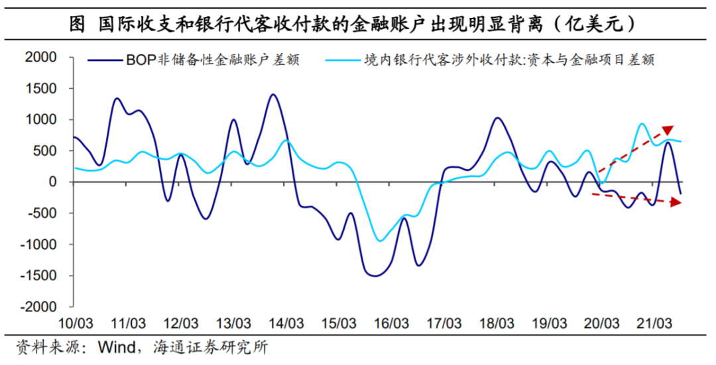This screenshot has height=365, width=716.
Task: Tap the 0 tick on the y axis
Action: point(52,182)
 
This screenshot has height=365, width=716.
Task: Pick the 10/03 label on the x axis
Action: point(76,324)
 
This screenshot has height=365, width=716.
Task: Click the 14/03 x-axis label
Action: point(286,324)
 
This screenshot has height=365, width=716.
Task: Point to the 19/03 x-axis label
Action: point(550,324)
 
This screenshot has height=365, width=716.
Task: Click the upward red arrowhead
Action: point(668,130)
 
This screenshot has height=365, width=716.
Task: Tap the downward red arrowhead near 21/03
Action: point(676,203)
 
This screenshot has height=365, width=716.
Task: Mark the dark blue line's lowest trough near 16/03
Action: point(376,276)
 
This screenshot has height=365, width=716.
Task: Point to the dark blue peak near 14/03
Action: point(272,94)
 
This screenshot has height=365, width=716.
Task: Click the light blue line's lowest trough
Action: point(380,240)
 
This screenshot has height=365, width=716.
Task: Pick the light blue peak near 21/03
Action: point(642,124)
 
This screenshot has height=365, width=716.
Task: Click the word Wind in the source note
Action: point(115,348)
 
